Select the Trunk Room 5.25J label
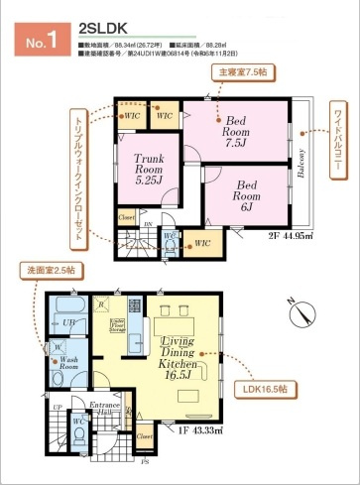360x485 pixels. click(x=142, y=169)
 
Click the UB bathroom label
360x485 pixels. click(x=70, y=324)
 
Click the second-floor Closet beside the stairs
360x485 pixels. click(x=126, y=217)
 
